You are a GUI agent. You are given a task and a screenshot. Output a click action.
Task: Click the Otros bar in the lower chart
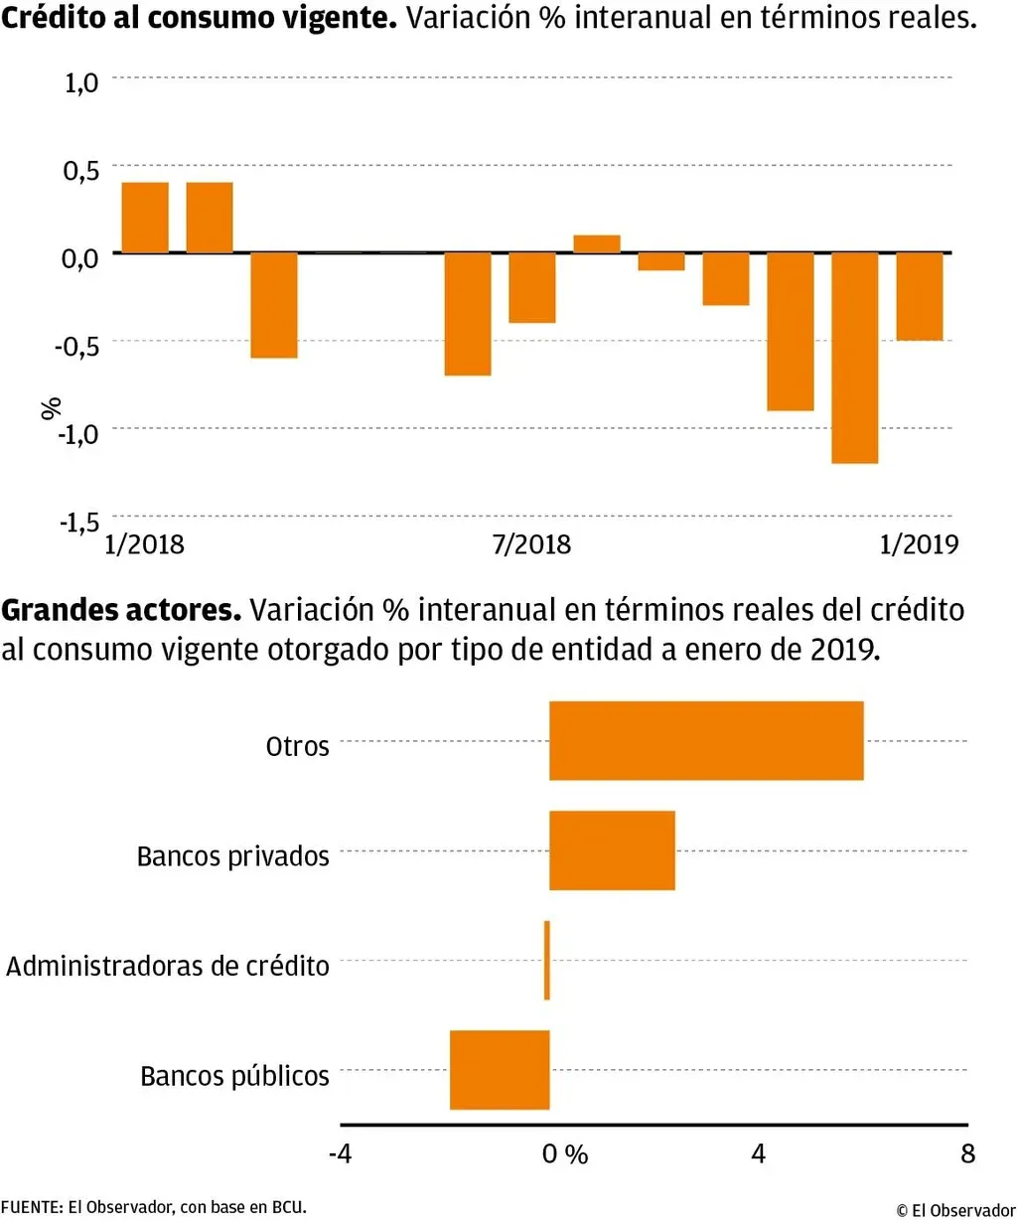[x=706, y=740]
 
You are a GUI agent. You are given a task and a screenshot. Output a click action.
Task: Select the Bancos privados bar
[x=612, y=850]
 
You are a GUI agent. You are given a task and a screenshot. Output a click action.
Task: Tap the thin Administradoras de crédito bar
[x=546, y=960]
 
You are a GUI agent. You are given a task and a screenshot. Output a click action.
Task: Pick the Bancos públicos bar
[x=500, y=1070]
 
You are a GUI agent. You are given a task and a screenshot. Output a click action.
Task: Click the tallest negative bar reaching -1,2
[x=854, y=358]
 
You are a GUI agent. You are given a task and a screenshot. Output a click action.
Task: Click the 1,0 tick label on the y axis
[x=81, y=82]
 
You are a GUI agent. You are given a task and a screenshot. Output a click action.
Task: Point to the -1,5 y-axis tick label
[x=80, y=522]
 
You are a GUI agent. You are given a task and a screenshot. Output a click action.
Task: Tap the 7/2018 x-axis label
[x=531, y=544]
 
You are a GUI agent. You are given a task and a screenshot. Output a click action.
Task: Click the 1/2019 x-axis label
[x=919, y=544]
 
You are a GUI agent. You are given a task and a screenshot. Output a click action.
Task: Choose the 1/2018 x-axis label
[x=145, y=544]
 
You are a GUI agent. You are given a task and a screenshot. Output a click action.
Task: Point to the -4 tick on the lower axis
[x=340, y=1153]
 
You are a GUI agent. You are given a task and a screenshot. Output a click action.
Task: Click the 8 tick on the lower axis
[x=967, y=1153]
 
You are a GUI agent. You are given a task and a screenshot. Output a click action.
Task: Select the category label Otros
[x=297, y=746]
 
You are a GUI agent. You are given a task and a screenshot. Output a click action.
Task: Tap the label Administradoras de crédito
[x=168, y=966]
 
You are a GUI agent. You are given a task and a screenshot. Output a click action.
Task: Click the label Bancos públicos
[x=234, y=1076]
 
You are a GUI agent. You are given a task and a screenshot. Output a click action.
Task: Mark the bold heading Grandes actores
[x=121, y=610]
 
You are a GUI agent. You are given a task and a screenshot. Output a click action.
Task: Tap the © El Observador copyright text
[x=955, y=1210]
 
